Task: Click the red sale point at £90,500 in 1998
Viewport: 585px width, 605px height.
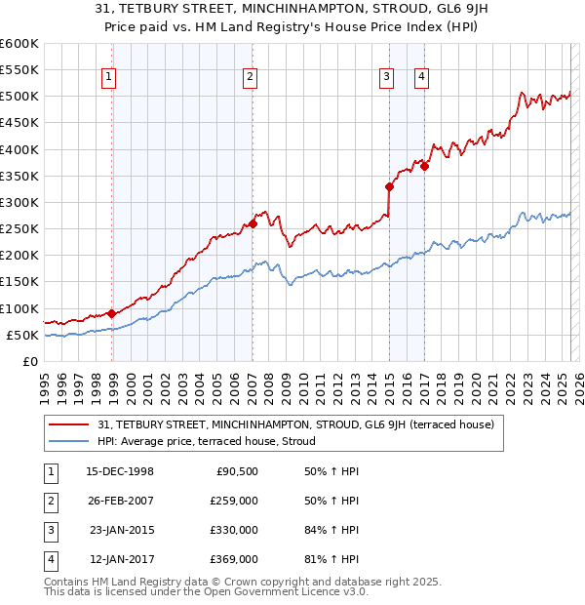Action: [112, 313]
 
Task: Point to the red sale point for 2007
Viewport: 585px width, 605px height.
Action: [253, 223]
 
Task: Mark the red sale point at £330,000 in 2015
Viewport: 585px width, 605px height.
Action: [389, 186]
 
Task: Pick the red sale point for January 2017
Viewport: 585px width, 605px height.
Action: [425, 166]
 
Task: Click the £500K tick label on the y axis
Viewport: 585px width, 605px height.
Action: [19, 97]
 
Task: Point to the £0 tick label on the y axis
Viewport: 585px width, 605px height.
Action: [30, 361]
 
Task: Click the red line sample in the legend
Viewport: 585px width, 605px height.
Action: [71, 424]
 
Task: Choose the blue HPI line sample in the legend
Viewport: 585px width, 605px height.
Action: [71, 442]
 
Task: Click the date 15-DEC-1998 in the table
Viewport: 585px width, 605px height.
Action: [121, 471]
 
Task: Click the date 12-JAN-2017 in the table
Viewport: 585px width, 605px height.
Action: [122, 559]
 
